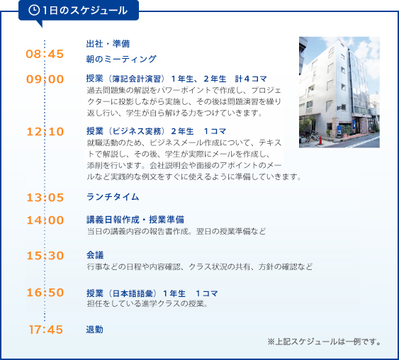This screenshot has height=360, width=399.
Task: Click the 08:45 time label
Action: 45,54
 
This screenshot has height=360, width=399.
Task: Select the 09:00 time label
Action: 45,79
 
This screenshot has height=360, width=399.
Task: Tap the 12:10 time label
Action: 45,132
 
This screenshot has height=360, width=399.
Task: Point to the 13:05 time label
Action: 45,198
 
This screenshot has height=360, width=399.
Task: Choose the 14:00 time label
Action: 45,220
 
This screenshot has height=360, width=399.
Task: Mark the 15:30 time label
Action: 45,256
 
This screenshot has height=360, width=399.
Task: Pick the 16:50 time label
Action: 45,293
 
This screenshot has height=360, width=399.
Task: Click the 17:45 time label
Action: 45,330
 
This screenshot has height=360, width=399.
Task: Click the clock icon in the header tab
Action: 34,10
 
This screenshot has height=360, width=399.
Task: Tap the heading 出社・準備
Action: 108,44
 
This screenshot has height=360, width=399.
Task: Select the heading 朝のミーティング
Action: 121,59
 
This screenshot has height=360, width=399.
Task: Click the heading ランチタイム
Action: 113,197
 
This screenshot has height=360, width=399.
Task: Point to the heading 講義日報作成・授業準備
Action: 135,220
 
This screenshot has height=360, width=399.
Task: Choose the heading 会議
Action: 95,255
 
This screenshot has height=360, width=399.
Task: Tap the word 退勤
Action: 95,330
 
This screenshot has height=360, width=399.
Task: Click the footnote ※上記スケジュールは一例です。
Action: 324,342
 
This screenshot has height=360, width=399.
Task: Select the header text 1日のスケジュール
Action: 85,11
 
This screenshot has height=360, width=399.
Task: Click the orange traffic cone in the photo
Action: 320,140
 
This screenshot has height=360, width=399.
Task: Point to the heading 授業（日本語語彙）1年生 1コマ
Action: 152,293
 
